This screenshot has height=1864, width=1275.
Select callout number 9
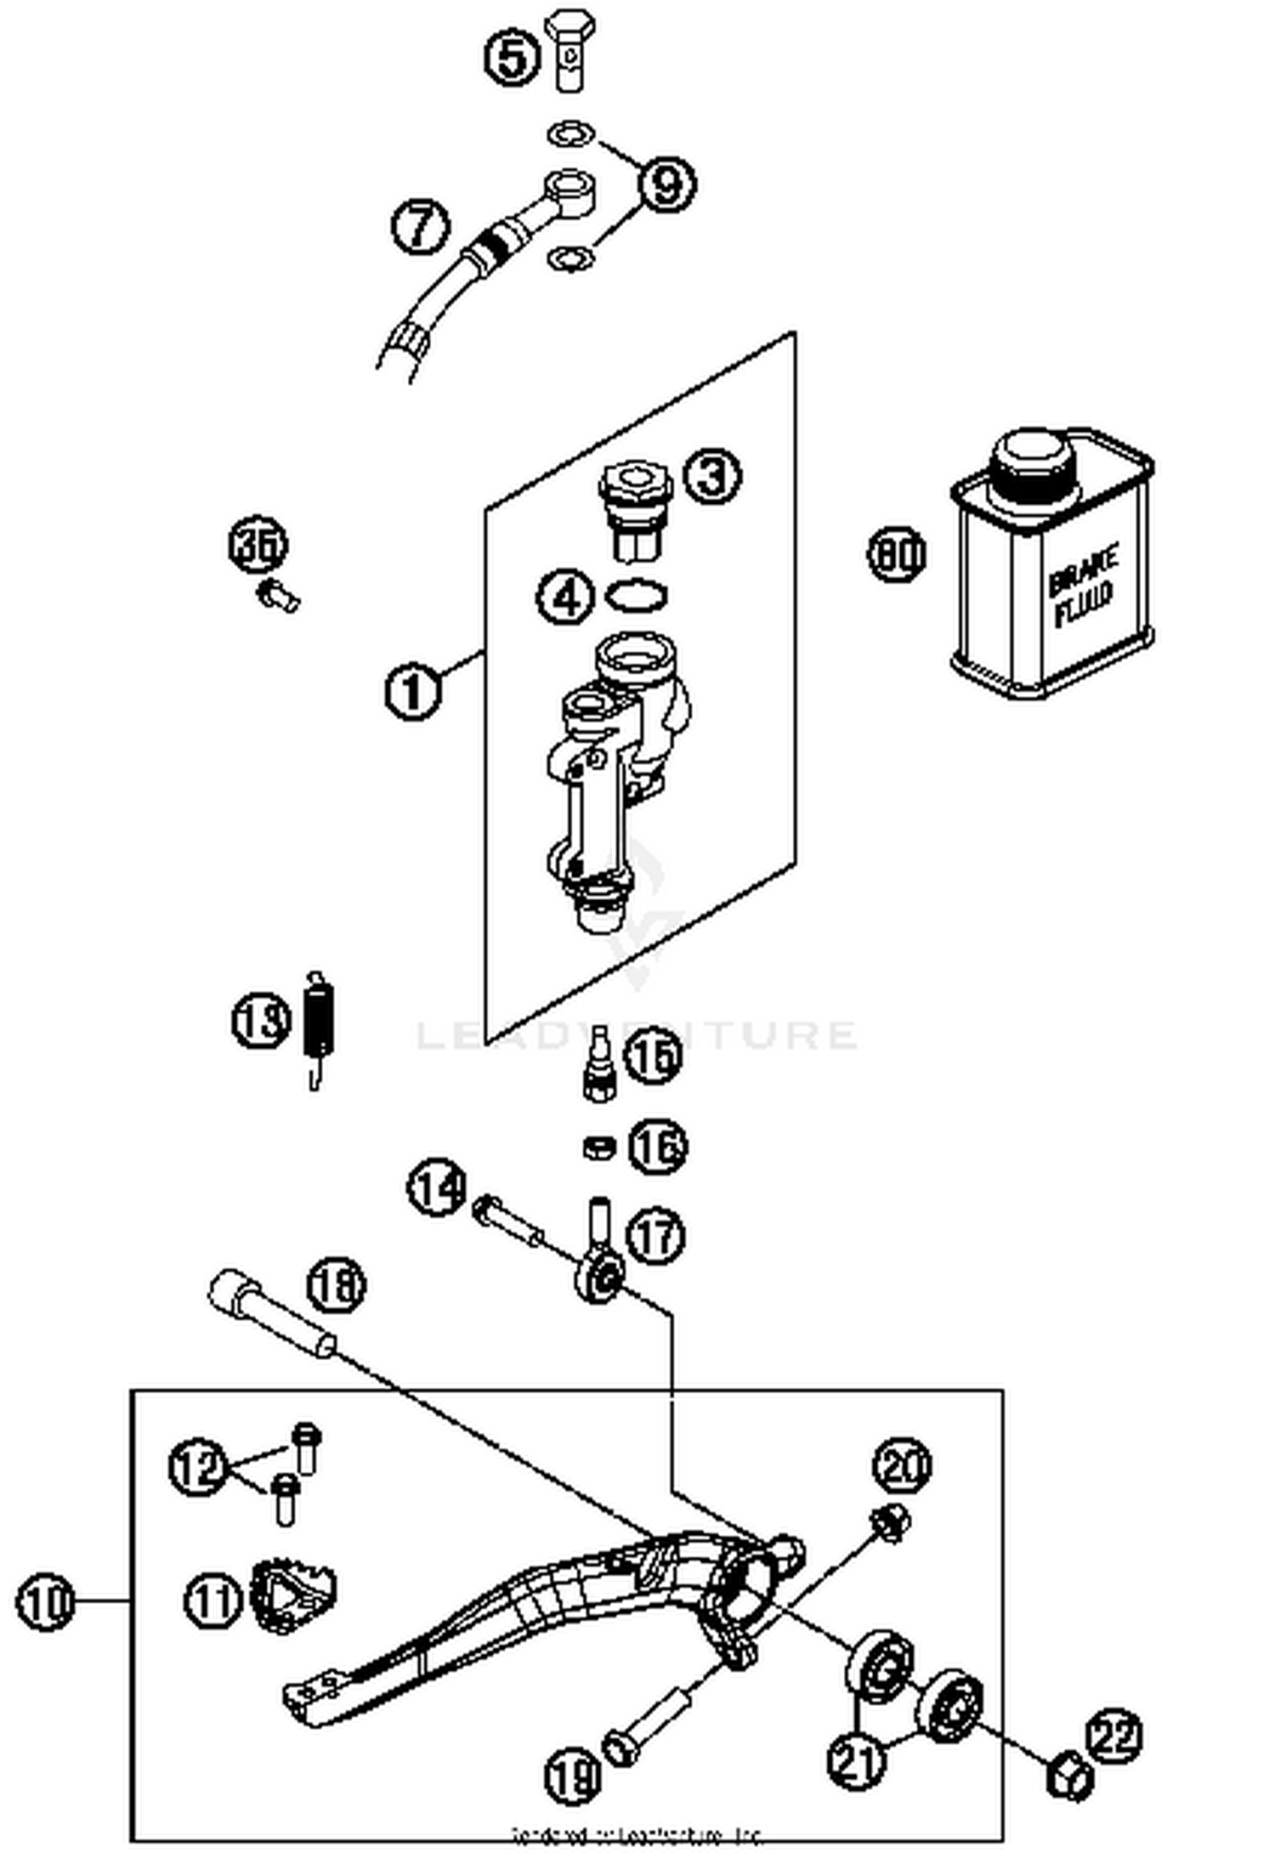pyautogui.click(x=666, y=184)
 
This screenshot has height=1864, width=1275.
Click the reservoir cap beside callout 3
pyautogui.click(x=635, y=507)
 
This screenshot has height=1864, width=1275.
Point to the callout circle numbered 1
pyautogui.click(x=412, y=690)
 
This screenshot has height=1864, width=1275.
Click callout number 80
pyautogui.click(x=896, y=555)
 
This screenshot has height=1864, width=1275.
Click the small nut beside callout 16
pyautogui.click(x=599, y=1147)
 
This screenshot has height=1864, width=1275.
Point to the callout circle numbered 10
pyautogui.click(x=46, y=1602)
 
